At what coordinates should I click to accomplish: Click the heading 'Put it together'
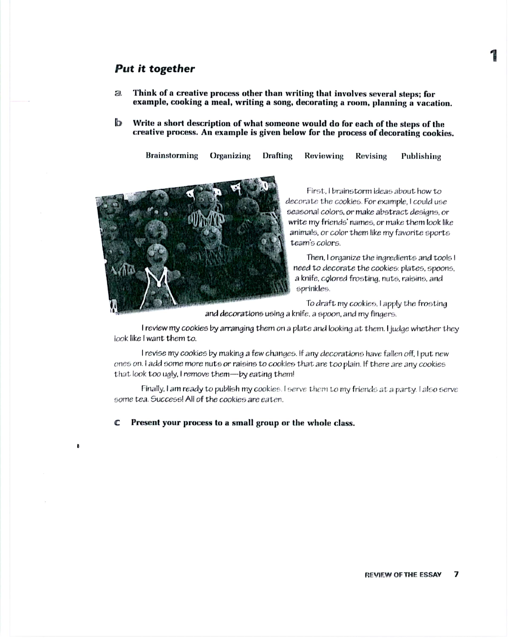click(155, 69)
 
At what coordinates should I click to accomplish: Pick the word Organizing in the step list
click(230, 156)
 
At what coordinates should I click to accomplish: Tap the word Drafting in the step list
click(277, 156)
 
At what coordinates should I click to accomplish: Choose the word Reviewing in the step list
click(324, 156)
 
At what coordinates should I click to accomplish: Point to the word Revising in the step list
click(371, 156)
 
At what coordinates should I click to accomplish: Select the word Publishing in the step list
click(421, 157)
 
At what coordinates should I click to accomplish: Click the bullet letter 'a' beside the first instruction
click(118, 94)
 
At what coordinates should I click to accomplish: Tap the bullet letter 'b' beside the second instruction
click(118, 123)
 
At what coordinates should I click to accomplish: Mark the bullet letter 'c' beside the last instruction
click(117, 423)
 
